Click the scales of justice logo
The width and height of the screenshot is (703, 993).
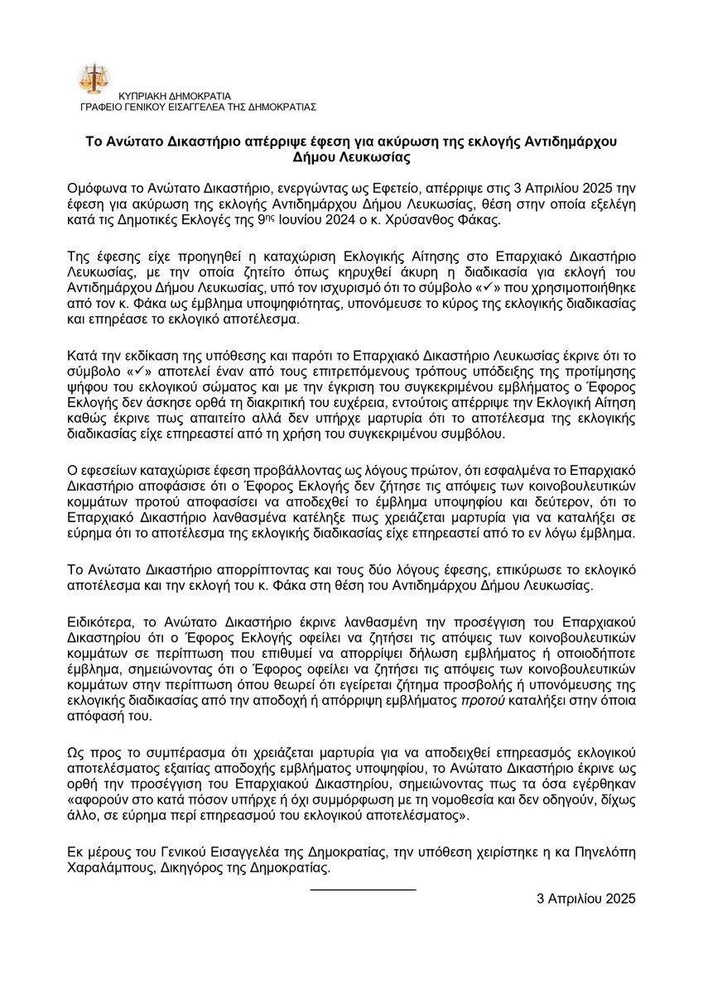tap(93, 77)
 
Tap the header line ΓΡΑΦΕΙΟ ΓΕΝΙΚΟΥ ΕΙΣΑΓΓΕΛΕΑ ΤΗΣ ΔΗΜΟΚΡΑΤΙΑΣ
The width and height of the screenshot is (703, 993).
tap(197, 107)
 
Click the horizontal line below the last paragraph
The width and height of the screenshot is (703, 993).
tap(363, 888)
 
